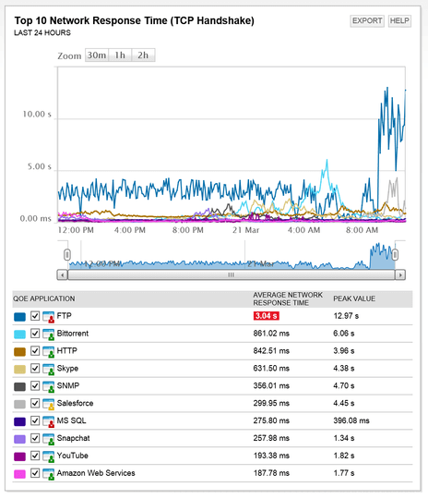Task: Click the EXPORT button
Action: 366,20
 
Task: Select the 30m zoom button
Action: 97,55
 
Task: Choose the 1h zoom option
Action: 120,55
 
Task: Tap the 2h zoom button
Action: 143,55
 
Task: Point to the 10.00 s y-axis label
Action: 36,115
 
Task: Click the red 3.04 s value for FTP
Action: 267,316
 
